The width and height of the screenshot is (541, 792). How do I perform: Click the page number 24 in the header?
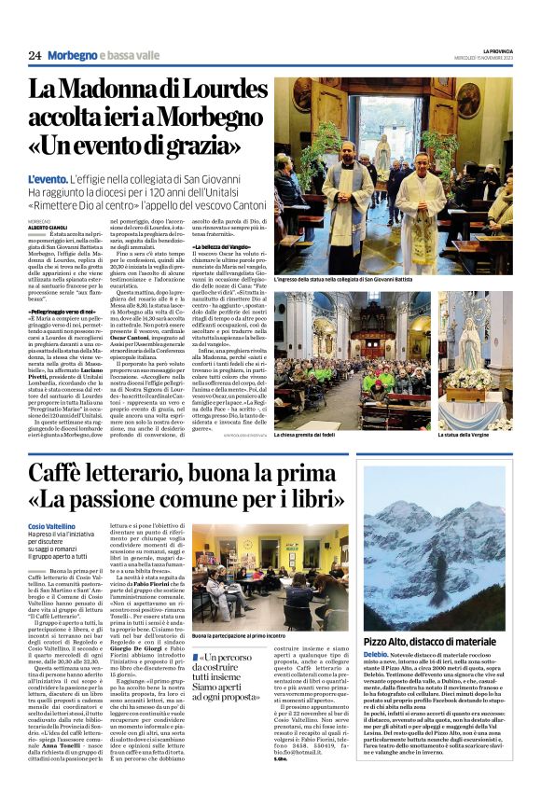35,55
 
